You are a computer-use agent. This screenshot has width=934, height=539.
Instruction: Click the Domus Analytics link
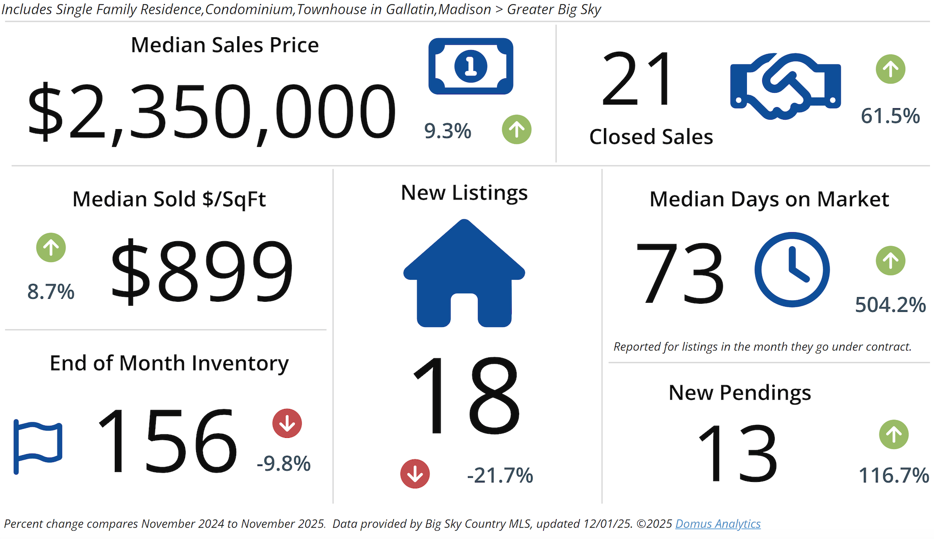pos(718,524)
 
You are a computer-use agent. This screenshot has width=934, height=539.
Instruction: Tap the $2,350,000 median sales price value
pos(211,112)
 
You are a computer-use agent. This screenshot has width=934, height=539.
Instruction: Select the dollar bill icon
pos(470,66)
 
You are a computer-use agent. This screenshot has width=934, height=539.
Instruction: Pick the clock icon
pos(792,269)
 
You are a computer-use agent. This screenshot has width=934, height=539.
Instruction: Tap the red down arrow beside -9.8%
pos(287,423)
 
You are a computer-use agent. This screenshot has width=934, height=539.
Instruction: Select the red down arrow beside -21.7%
pos(415,474)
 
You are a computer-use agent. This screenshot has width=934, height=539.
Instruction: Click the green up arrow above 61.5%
pos(890,69)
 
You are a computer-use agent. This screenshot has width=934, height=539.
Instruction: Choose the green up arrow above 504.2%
pos(890,261)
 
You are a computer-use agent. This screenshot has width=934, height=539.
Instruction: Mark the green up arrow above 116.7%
pos(894,435)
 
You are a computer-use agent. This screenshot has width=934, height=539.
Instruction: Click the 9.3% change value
pos(448,131)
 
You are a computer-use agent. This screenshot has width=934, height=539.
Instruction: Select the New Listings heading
pos(464,193)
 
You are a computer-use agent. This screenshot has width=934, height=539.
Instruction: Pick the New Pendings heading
pos(739,393)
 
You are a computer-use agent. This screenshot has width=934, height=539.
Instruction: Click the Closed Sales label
pos(651,137)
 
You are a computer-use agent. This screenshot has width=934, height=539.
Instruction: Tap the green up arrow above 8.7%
pos(51,247)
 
